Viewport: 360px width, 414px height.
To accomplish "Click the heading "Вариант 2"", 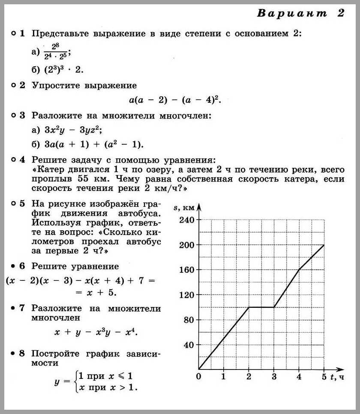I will (300, 14).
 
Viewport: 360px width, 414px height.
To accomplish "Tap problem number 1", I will (22, 33).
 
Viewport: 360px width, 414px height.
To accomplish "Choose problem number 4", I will (22, 160).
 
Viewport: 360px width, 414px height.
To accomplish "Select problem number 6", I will (22, 266).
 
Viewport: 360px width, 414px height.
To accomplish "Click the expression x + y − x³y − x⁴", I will (96, 332).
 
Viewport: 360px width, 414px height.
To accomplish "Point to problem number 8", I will (22, 354).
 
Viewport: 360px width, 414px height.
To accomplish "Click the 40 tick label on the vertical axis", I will (189, 345).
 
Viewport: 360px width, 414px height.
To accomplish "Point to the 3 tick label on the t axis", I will (274, 377).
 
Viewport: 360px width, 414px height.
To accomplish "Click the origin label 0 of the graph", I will (198, 377).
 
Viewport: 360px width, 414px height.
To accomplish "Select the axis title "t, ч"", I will (337, 377).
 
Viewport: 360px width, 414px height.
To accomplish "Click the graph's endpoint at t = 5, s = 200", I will (324, 245).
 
